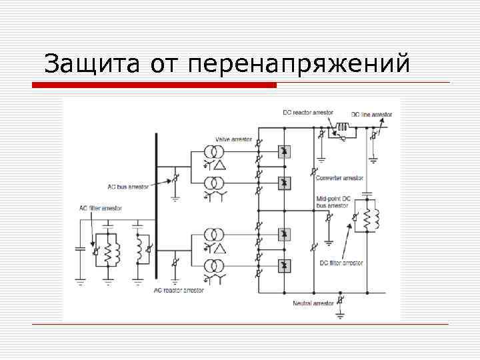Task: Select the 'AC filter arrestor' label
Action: click(x=101, y=209)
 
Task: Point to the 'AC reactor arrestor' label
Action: click(x=179, y=290)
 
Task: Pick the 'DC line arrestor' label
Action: click(x=372, y=115)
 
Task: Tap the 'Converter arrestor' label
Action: click(x=339, y=178)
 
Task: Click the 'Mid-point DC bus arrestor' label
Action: click(x=333, y=203)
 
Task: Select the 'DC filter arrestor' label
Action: click(x=341, y=263)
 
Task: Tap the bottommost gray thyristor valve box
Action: click(x=284, y=265)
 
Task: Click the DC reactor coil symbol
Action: click(x=343, y=127)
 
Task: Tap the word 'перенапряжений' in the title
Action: click(x=299, y=65)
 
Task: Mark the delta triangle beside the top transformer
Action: click(x=218, y=165)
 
